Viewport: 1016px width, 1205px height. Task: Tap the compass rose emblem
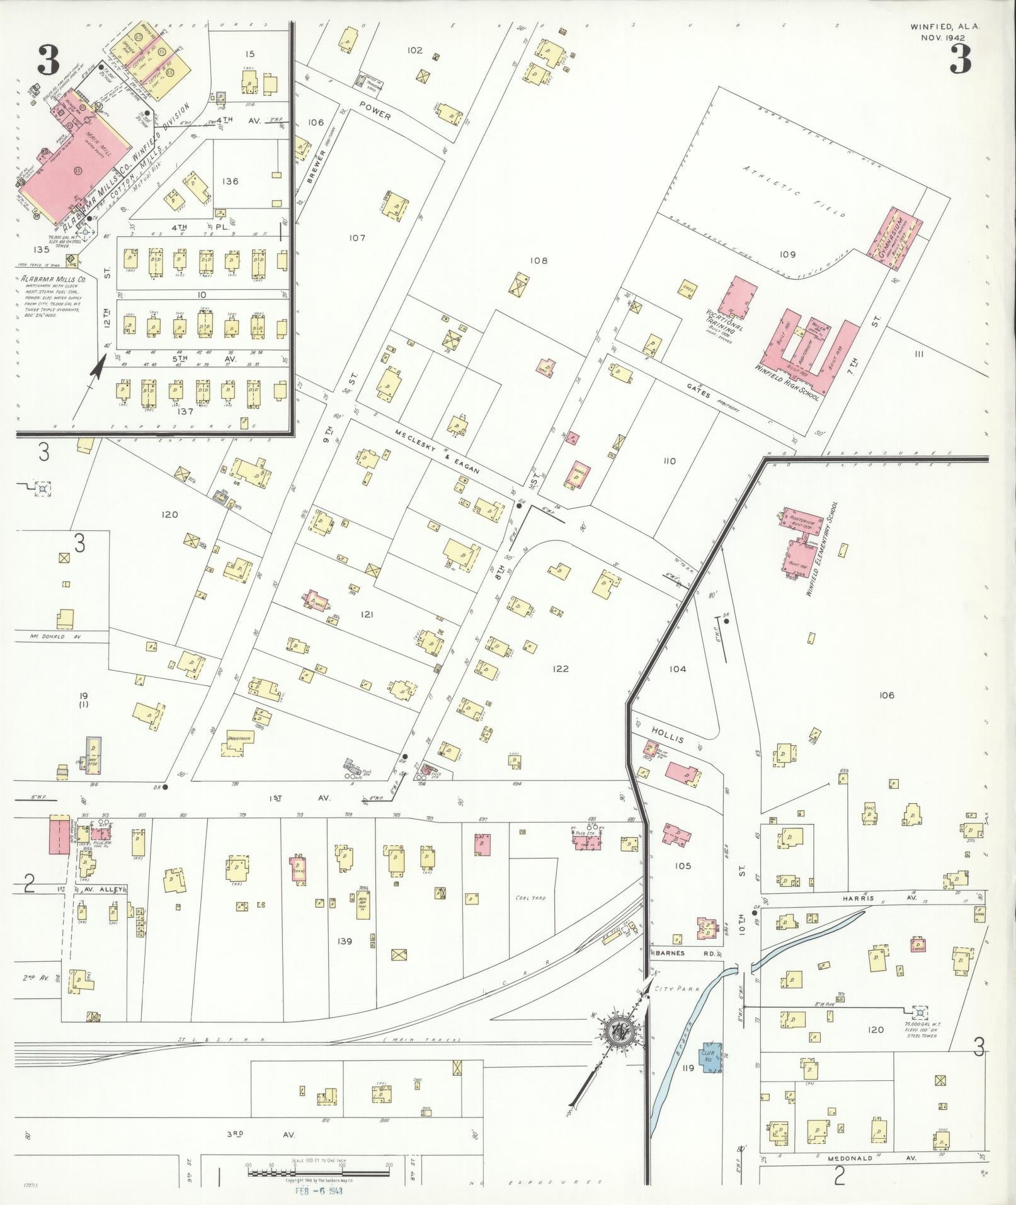click(619, 1031)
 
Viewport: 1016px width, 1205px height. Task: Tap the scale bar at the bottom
click(319, 1172)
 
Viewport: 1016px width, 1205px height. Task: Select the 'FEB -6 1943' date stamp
click(319, 1191)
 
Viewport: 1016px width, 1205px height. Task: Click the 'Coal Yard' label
click(530, 898)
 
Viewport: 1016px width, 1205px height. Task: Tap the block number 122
click(560, 668)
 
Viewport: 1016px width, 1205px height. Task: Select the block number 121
click(366, 614)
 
